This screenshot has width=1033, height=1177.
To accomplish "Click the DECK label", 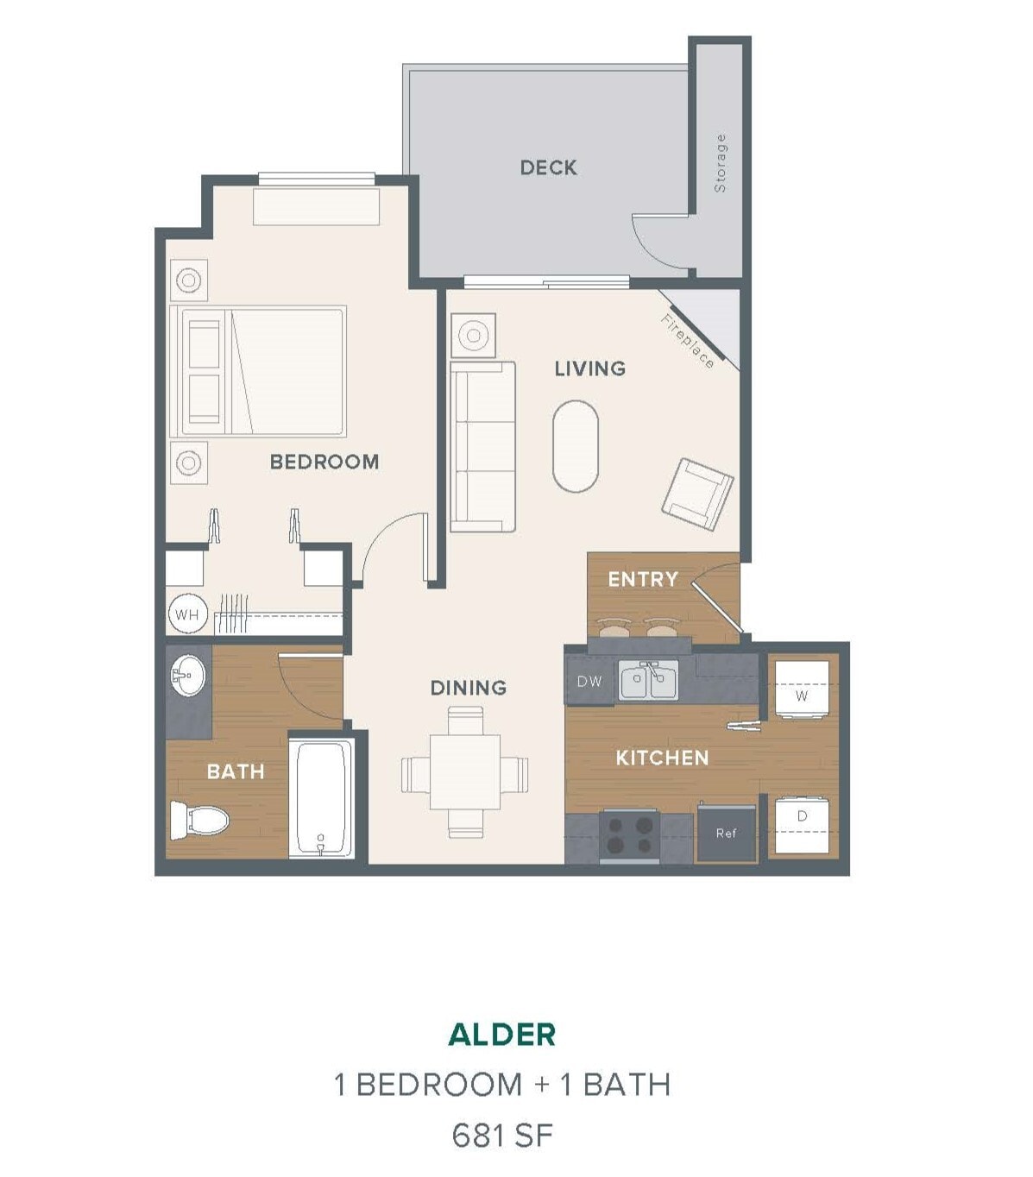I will tap(548, 167).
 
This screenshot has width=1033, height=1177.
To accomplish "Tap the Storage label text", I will tap(720, 163).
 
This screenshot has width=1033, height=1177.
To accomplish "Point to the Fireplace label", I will tap(688, 341).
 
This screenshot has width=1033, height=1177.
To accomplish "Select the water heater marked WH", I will tap(186, 615).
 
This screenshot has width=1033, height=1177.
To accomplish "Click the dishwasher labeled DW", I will tap(589, 682).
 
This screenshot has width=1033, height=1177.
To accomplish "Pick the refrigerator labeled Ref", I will tap(727, 833).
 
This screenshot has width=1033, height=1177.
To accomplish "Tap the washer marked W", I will tap(802, 691).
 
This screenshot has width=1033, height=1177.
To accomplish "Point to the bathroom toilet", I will tap(198, 819).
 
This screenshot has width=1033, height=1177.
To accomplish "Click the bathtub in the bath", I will tap(321, 797).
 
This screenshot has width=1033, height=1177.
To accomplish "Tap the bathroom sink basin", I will tap(187, 675).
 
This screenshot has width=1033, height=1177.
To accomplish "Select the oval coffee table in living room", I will tap(575, 446).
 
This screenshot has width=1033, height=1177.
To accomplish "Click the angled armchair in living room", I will tap(697, 494).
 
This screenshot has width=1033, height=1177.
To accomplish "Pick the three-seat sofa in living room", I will tap(482, 446).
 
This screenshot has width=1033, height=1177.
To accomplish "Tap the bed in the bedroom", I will tap(259, 371).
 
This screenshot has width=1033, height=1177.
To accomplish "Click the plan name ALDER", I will tap(502, 1034).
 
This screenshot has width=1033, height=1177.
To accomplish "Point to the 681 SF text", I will tap(502, 1136).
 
